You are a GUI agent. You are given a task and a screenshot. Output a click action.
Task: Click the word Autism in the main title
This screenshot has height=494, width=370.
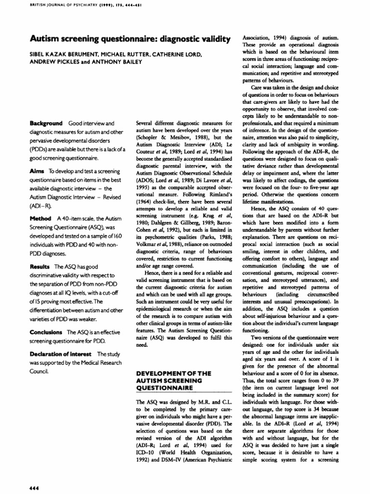point(46,39)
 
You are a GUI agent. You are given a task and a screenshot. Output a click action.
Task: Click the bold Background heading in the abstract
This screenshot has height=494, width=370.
point(46,123)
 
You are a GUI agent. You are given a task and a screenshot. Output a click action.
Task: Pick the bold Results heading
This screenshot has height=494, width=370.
point(40,266)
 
